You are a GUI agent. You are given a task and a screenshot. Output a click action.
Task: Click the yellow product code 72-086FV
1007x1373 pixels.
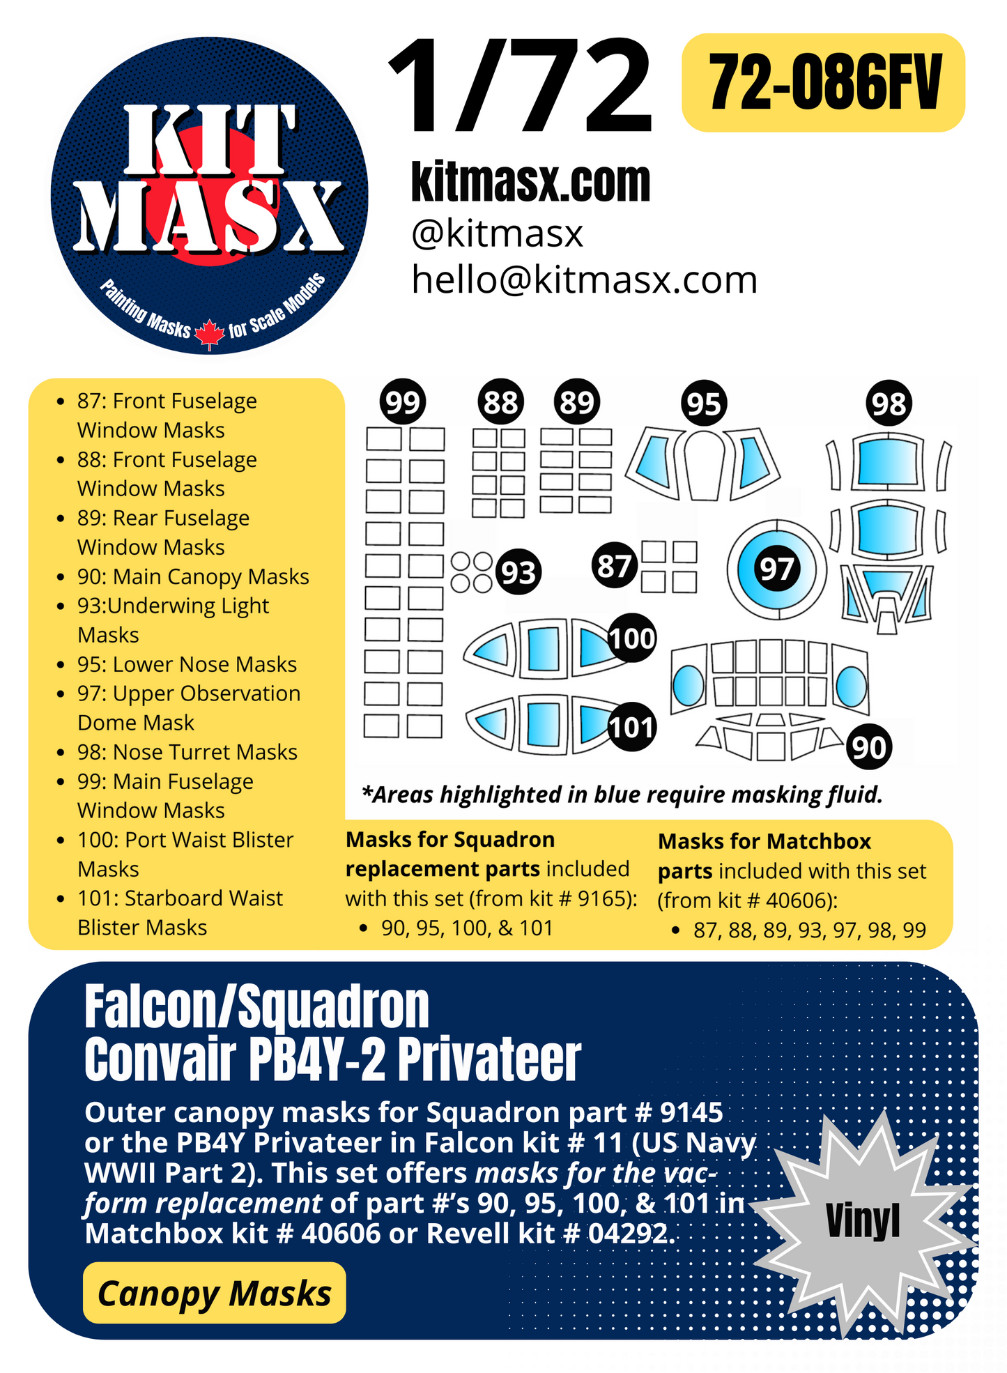pos(824,83)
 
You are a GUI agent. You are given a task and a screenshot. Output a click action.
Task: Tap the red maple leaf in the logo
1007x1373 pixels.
pos(209,334)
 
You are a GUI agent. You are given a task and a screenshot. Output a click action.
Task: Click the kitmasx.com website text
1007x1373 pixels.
pos(530,183)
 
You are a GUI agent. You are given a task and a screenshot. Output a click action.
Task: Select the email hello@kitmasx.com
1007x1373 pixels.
pos(584,280)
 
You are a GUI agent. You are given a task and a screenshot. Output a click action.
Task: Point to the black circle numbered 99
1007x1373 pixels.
pos(403,402)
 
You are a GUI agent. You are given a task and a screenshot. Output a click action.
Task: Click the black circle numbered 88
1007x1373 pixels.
pos(500,402)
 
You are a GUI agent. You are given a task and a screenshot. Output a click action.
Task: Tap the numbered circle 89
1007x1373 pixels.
pos(577,402)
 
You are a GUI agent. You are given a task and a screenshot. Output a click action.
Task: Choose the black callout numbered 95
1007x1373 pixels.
pos(703,404)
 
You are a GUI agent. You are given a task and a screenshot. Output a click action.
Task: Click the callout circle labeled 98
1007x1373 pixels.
pos(889,404)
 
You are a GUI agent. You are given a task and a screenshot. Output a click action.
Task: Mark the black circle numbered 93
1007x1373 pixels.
pos(518,572)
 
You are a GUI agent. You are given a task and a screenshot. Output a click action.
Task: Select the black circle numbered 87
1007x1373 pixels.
pos(614,566)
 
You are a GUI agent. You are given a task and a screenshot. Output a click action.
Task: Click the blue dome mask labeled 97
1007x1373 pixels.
pos(776,569)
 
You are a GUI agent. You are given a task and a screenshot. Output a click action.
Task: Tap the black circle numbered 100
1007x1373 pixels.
pos(631,638)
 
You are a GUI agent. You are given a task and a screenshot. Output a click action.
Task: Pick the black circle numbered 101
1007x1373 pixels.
pos(631,727)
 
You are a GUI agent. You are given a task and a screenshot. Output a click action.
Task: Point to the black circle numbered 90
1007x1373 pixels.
pos(869,747)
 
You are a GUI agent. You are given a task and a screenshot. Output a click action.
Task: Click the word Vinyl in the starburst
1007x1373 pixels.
pos(863,1221)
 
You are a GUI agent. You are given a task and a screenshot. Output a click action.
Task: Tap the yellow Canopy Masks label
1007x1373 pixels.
pos(215,1294)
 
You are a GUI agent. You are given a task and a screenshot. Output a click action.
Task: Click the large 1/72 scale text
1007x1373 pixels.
pos(521,86)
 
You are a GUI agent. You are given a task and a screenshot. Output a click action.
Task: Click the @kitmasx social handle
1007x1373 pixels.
pos(497,233)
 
